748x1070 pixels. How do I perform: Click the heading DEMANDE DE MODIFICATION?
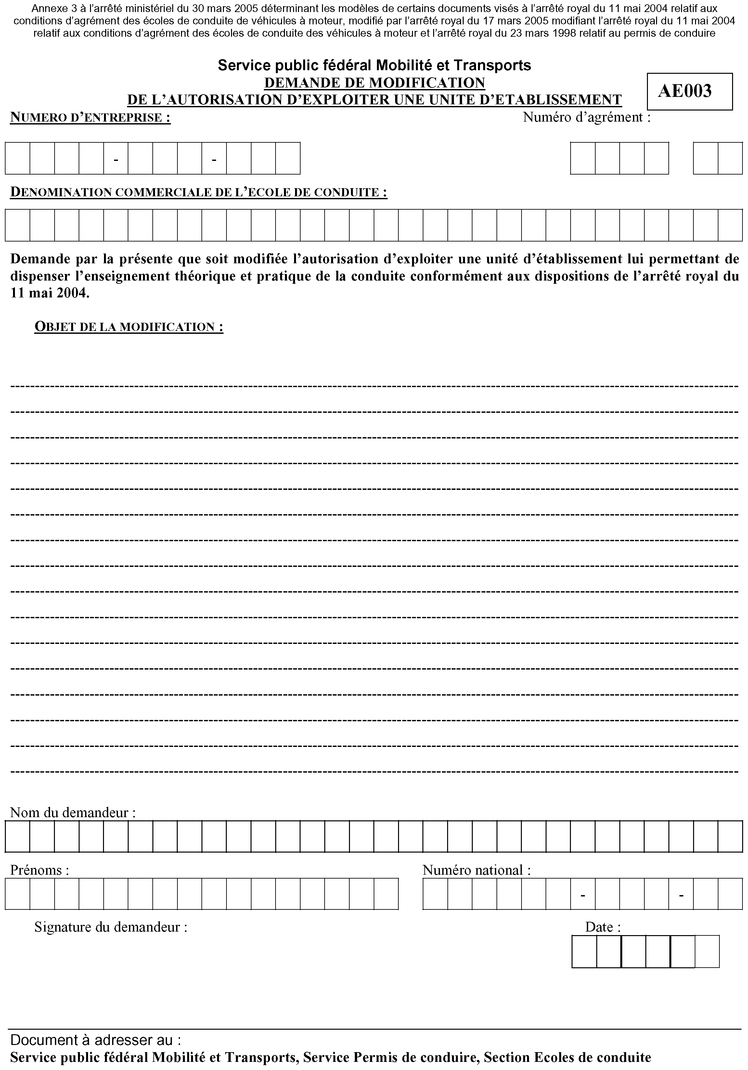pyautogui.click(x=374, y=83)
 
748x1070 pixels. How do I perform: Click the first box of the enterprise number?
pyautogui.click(x=18, y=158)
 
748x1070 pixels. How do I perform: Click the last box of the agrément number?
pyautogui.click(x=730, y=158)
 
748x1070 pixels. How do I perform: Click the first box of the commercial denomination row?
pyautogui.click(x=18, y=225)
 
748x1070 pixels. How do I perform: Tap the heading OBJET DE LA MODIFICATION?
pyautogui.click(x=129, y=327)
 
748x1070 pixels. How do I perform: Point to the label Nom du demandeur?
pyautogui.click(x=73, y=813)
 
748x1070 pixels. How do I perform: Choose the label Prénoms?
pyautogui.click(x=40, y=870)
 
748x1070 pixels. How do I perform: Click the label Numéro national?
pyautogui.click(x=476, y=870)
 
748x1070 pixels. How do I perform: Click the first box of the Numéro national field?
pyautogui.click(x=435, y=894)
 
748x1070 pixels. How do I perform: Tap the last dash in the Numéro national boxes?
pyautogui.click(x=681, y=895)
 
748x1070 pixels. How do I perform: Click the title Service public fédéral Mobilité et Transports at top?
pyautogui.click(x=374, y=65)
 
